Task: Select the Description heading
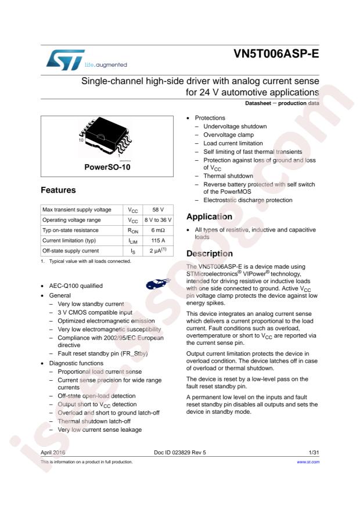tap(209, 254)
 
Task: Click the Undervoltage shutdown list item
tap(235, 126)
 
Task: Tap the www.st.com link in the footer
tap(308, 462)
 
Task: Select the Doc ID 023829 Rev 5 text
tap(180, 452)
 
